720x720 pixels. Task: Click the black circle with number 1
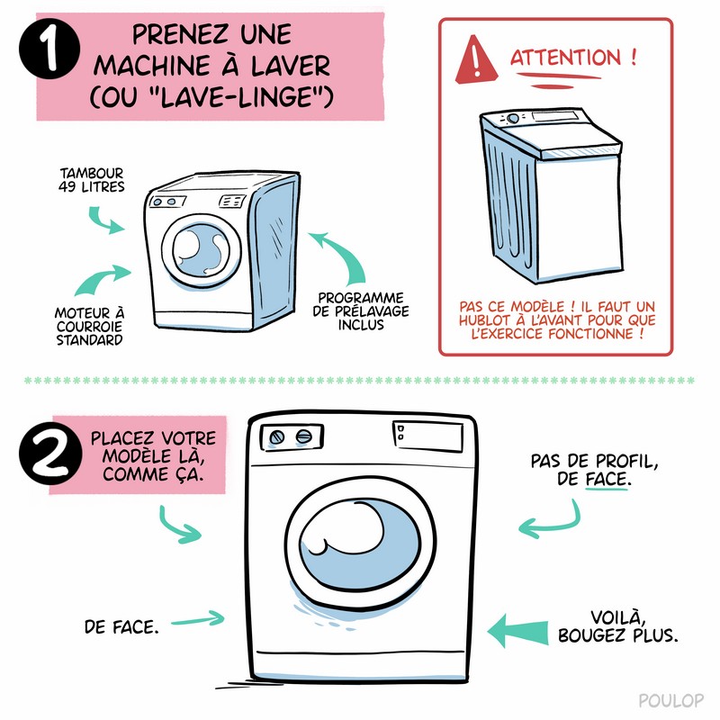click(x=49, y=49)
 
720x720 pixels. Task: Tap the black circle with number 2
click(x=50, y=454)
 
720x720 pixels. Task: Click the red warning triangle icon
click(x=476, y=60)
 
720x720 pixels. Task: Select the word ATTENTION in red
click(x=566, y=58)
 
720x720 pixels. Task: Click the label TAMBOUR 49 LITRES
click(x=92, y=180)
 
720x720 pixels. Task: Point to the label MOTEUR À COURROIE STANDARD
click(x=89, y=327)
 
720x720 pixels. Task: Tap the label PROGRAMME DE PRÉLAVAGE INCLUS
click(x=361, y=311)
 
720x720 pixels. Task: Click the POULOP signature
click(x=670, y=700)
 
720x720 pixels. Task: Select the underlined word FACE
click(x=606, y=480)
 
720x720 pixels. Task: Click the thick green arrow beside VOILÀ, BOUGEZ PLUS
click(x=517, y=632)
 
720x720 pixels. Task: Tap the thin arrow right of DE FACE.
click(x=198, y=619)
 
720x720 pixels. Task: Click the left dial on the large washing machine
click(x=276, y=437)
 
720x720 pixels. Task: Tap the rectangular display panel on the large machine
click(x=427, y=436)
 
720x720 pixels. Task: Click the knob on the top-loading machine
click(x=513, y=119)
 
